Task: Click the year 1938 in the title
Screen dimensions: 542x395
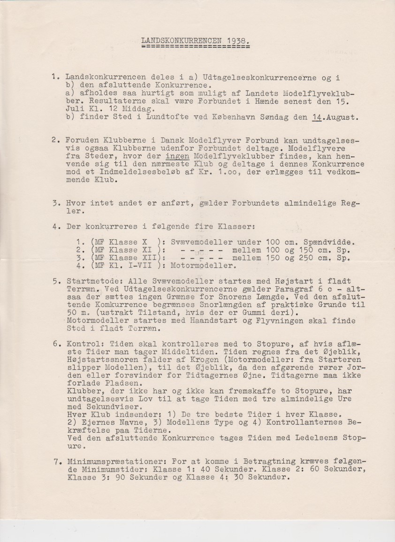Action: click(233, 41)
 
